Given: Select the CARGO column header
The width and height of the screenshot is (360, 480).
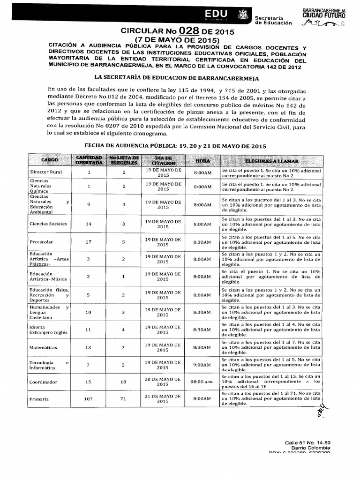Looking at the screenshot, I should (49, 160).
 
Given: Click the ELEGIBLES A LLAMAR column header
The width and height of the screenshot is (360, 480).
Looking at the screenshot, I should (271, 160).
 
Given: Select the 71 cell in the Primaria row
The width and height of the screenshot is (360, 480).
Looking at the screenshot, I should (124, 399).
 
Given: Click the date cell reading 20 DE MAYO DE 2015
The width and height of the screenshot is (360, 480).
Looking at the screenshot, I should (163, 382).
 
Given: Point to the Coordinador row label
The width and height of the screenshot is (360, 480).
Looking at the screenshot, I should (43, 382).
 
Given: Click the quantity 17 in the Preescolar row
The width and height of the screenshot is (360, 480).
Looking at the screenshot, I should (89, 242).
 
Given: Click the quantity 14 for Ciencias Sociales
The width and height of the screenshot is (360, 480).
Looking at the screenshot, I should (89, 224).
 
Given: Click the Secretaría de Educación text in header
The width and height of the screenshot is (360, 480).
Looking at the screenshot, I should (273, 20).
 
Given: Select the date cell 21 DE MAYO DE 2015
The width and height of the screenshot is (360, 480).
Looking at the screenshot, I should (163, 399).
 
